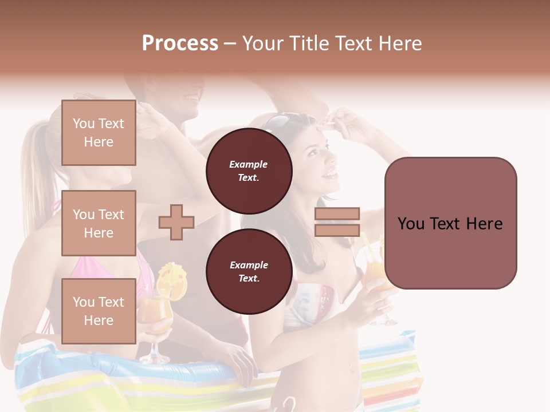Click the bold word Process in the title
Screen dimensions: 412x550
180,43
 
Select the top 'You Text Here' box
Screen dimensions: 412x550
99,133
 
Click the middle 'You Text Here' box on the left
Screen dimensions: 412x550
99,223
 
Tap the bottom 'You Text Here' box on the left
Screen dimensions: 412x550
99,311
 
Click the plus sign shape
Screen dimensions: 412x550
176,222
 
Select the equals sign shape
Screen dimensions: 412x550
337,222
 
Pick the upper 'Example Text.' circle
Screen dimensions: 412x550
249,171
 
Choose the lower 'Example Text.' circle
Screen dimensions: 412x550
249,271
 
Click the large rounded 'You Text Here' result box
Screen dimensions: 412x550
450,223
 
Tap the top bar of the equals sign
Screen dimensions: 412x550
337,213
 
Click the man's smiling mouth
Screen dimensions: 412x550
190,97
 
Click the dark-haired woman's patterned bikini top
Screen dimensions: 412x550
312,303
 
